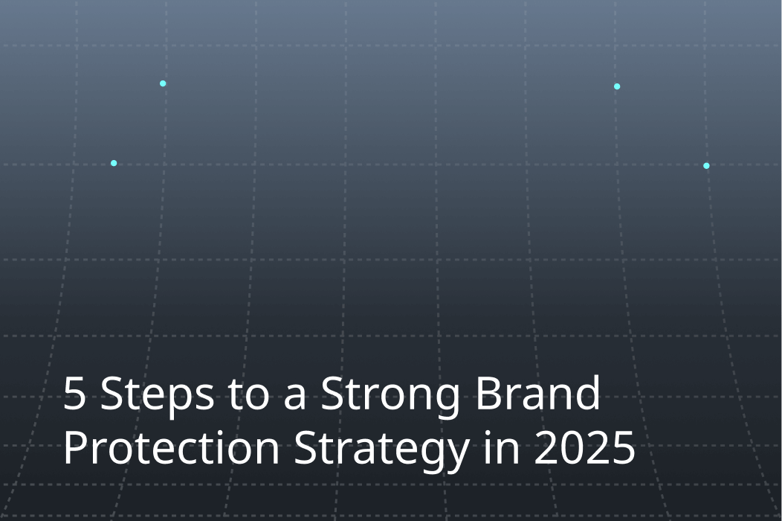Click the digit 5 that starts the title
74,394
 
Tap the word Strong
391,395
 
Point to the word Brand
537,394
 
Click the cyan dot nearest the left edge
114,163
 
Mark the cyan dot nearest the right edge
706,165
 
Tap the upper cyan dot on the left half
163,83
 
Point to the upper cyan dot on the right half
617,86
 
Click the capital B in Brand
488,394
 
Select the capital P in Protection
75,450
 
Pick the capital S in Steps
111,394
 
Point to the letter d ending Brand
587,394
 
